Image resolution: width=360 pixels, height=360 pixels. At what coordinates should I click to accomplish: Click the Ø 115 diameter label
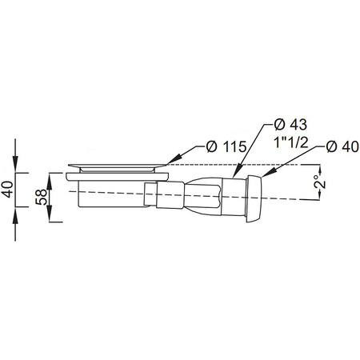click(x=226, y=146)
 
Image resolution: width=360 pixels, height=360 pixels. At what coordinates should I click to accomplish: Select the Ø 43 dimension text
click(x=290, y=125)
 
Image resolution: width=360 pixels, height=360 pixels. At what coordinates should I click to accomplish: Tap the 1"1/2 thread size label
click(x=291, y=142)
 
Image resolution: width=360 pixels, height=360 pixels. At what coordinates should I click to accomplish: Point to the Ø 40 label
click(x=342, y=146)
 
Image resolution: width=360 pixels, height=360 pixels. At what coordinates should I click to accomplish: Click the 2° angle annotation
click(x=320, y=182)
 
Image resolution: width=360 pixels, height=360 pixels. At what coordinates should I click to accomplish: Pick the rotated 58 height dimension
click(x=42, y=197)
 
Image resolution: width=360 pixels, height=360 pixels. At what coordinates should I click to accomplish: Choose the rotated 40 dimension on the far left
click(x=7, y=190)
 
